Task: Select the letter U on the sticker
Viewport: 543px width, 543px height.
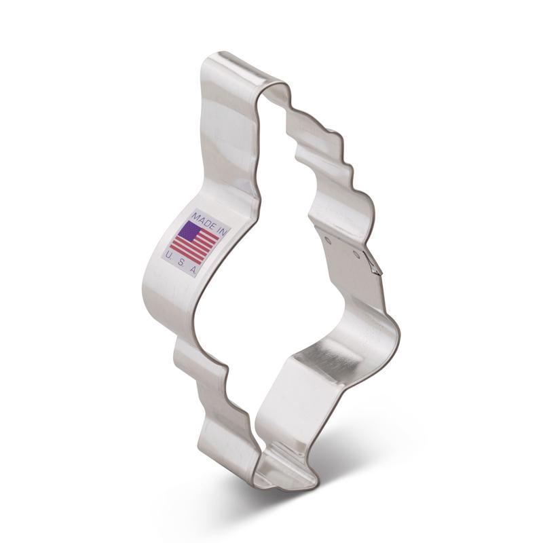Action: [167, 256]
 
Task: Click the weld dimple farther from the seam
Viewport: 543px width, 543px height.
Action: [328, 239]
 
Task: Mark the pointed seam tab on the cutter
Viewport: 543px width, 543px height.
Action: [373, 263]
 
